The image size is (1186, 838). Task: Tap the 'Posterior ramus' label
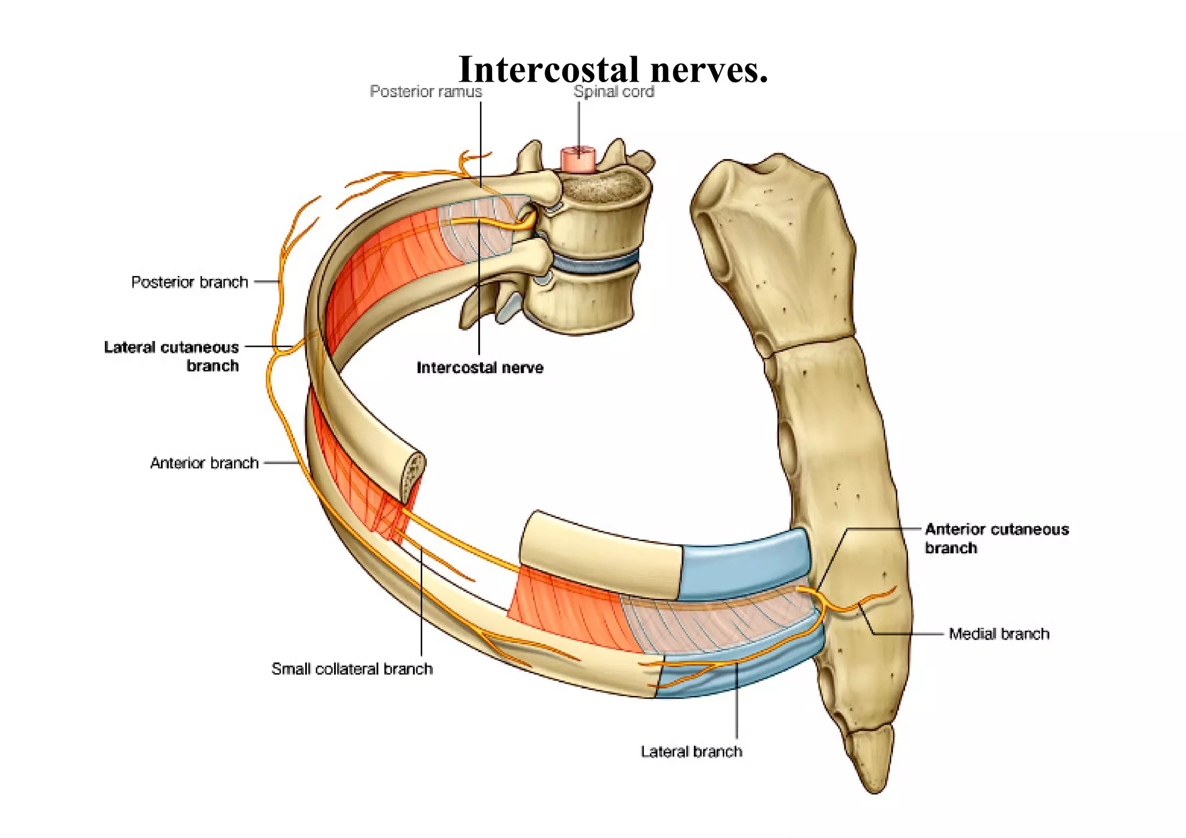point(426,91)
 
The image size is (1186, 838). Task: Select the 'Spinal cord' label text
point(613,91)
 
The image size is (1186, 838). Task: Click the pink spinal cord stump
point(577,159)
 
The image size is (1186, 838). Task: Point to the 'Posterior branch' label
point(189,282)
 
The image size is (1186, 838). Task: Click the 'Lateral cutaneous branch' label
point(171,356)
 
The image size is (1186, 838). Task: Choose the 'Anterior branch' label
point(204,463)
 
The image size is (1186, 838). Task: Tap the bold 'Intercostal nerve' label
point(479,367)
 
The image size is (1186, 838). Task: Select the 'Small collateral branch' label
point(352,669)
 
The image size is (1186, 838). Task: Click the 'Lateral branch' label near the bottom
point(691,751)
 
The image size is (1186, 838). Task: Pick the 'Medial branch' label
point(998,634)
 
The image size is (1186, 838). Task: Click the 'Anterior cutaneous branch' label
point(996,538)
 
